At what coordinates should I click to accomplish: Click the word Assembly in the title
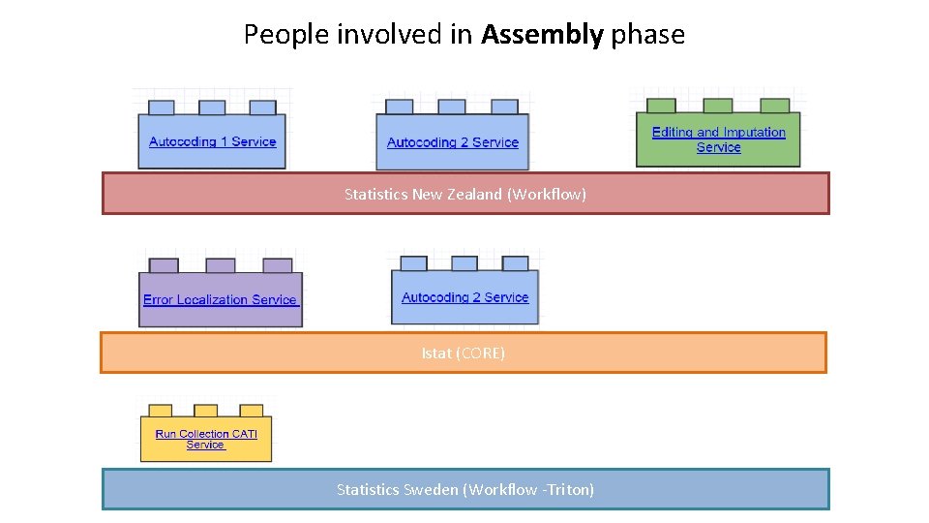[x=542, y=36]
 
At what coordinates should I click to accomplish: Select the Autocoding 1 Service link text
[x=213, y=142]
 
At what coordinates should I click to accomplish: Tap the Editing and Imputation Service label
[x=719, y=140]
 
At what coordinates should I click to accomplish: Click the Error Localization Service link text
[x=221, y=300]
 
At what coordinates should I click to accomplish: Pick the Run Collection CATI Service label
[x=206, y=440]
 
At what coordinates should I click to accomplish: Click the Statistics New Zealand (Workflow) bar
[x=465, y=194]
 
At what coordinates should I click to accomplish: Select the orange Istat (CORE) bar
[x=464, y=353]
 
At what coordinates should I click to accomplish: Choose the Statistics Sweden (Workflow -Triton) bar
[x=465, y=489]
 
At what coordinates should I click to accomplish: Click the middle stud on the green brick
[x=717, y=106]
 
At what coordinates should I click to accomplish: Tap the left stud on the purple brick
[x=165, y=265]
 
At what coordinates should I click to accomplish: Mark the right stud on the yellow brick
[x=252, y=411]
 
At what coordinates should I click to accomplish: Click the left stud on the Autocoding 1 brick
[x=162, y=108]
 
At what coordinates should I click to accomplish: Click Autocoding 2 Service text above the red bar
[x=453, y=143]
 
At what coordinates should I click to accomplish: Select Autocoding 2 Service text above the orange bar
[x=465, y=298]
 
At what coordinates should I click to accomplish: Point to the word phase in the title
[x=647, y=36]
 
